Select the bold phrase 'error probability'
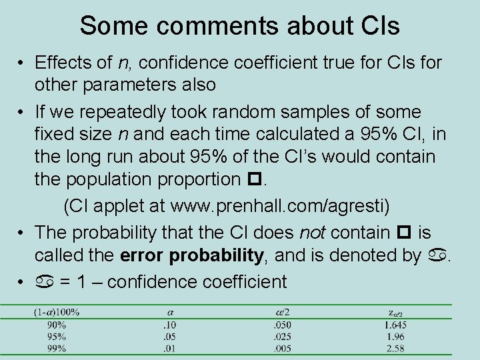[194, 255]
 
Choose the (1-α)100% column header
[57, 311]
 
